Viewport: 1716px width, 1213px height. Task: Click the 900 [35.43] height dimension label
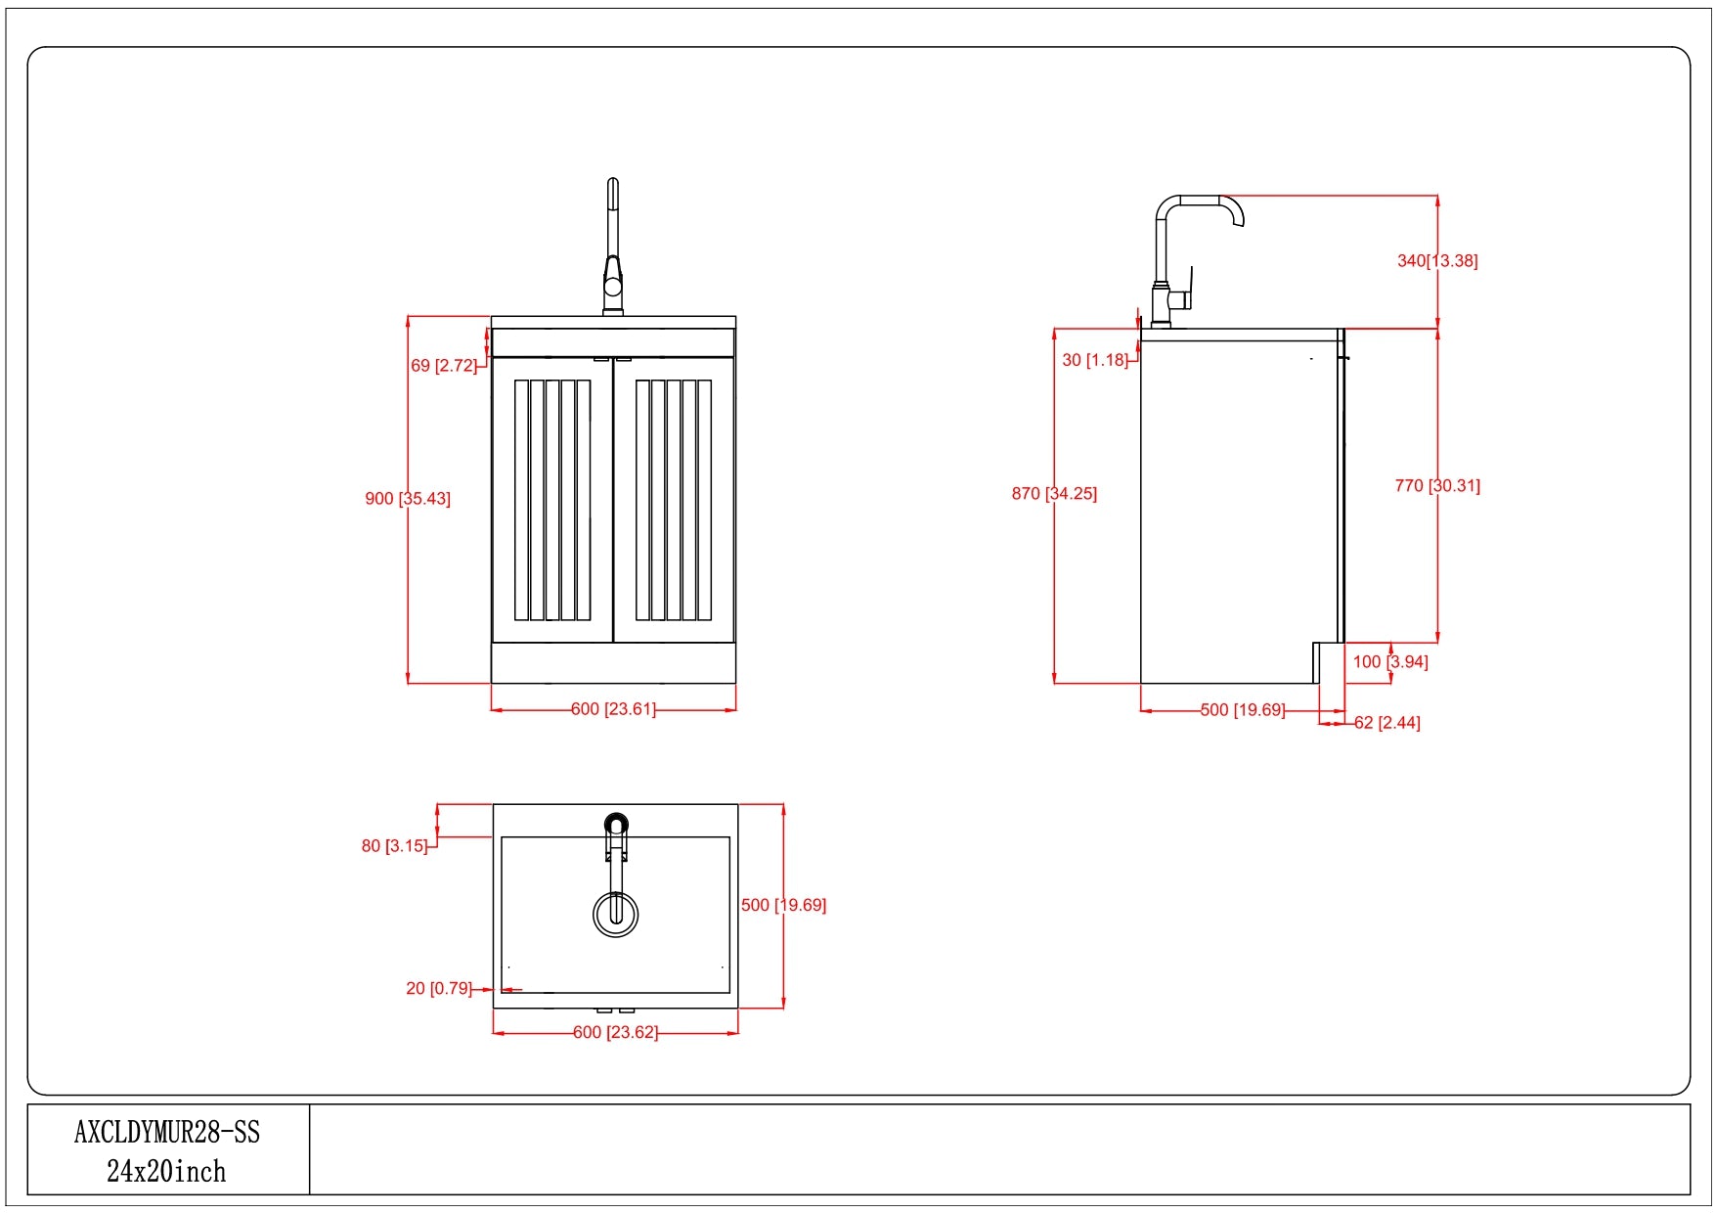[408, 499]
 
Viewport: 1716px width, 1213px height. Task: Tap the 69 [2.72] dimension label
[444, 366]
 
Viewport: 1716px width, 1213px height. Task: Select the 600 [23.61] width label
[613, 709]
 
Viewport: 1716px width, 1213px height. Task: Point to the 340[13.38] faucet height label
[1437, 261]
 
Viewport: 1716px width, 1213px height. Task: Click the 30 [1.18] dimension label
[1095, 360]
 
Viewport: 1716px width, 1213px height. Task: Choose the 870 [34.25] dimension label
[1054, 494]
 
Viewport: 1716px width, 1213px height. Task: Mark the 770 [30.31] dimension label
[1437, 486]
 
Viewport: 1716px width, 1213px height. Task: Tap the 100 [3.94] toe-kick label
[1390, 662]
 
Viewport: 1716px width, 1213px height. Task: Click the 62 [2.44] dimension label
[1387, 723]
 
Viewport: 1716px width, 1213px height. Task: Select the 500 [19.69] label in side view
[1243, 710]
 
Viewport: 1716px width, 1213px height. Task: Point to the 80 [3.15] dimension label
[395, 846]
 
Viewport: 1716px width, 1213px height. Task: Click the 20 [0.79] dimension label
[439, 989]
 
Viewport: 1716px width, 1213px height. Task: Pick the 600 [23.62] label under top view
[615, 1033]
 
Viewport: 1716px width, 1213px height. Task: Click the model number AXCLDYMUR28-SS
[167, 1133]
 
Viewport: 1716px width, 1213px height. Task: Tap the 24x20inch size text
[166, 1172]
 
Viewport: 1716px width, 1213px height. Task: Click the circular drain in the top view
[616, 914]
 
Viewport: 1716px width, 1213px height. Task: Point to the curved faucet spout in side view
[1228, 205]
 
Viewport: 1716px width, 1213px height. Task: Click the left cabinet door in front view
[552, 500]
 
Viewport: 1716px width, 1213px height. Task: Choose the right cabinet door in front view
[674, 500]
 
